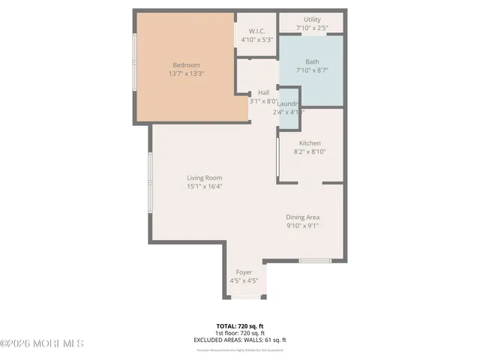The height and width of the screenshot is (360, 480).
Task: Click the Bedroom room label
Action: [x=187, y=64]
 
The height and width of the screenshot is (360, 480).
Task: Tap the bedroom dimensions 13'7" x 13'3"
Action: [x=187, y=73]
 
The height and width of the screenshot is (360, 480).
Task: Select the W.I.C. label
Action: [x=256, y=31]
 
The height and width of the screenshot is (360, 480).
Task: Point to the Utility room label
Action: [x=312, y=19]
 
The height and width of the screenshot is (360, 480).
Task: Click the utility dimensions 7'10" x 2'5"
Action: [x=312, y=28]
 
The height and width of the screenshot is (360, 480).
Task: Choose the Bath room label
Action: [x=312, y=61]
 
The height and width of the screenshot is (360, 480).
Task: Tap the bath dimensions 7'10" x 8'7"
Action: [x=312, y=70]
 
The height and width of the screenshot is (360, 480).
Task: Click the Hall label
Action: [x=264, y=92]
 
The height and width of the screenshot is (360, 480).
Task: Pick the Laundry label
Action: [x=288, y=103]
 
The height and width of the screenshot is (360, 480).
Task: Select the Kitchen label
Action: [x=310, y=143]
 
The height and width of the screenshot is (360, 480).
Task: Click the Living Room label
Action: [x=204, y=178]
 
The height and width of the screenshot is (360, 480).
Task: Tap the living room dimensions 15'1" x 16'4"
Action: [x=204, y=187]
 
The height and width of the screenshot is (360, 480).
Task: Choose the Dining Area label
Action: [x=302, y=217]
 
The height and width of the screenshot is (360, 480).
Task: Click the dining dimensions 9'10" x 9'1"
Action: [x=302, y=226]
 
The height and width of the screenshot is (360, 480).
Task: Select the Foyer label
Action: [x=244, y=271]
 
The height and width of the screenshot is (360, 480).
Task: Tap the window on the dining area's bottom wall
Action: [x=315, y=261]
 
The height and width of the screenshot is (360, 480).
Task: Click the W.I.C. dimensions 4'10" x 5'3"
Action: [x=256, y=40]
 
